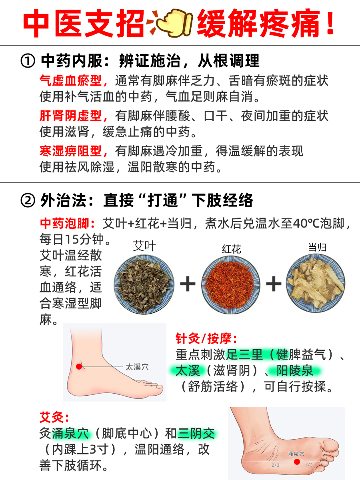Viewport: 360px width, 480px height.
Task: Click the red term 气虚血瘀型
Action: [74, 81]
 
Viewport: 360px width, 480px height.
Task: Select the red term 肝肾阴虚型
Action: [74, 116]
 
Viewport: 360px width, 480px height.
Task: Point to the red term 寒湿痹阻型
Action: [74, 151]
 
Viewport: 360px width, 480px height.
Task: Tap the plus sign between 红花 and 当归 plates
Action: [274, 284]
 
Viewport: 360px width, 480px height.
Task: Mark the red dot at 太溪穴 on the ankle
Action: [79, 366]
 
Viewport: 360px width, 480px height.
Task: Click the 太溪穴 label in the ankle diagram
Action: [137, 367]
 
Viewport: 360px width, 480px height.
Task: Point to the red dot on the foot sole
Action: [297, 462]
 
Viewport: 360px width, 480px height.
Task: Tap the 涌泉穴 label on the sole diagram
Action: [296, 454]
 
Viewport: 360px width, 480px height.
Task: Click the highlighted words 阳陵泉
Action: [295, 371]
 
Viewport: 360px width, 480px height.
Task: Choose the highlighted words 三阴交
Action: [197, 434]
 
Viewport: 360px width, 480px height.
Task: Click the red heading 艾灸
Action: [54, 418]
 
